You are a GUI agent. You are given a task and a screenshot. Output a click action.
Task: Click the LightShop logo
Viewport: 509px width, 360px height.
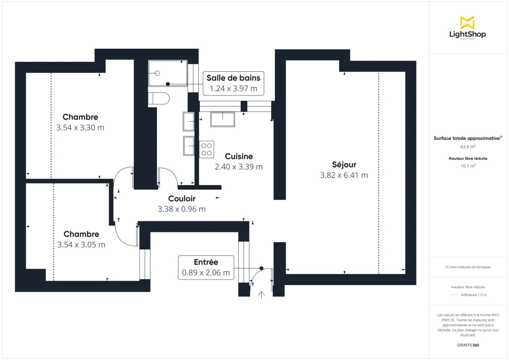coord(467,28)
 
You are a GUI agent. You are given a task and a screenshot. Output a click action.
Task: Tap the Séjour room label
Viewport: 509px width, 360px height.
coord(344,165)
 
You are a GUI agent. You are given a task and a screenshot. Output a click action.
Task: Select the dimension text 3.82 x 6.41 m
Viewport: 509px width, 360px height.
coord(344,175)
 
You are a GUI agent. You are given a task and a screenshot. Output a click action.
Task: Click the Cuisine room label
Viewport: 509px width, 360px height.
coord(239,156)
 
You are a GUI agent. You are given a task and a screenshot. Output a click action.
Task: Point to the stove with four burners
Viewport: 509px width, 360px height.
coord(207,149)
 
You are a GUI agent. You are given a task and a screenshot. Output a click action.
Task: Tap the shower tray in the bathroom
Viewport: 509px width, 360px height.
coord(167,73)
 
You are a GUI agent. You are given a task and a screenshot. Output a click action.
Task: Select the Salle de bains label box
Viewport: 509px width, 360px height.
coord(233,83)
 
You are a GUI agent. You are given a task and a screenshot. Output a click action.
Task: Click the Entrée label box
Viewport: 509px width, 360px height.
coord(206,268)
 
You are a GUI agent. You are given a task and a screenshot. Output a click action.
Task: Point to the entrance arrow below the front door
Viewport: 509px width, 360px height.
coord(262,295)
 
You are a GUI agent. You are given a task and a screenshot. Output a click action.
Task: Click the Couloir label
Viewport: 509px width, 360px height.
coord(182,198)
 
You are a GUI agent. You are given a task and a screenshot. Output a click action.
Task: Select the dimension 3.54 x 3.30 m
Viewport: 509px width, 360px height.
coord(80,127)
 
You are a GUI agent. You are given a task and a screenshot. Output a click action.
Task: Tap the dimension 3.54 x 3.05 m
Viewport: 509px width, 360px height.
coord(81,245)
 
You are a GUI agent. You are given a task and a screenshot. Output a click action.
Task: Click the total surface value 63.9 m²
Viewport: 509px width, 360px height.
coord(467,147)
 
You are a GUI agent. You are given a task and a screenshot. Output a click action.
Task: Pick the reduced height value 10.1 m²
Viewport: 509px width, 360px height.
coord(467,166)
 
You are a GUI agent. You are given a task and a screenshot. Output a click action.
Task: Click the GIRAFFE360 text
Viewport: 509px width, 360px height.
coord(467,345)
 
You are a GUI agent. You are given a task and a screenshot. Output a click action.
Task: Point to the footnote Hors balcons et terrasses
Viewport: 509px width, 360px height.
coord(468,267)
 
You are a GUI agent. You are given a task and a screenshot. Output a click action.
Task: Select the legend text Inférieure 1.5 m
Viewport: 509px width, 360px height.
coord(473,295)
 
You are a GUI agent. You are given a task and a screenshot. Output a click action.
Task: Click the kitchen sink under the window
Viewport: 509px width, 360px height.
coord(222,119)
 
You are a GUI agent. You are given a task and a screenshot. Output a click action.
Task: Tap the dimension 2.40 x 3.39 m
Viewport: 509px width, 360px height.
coord(239,167)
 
